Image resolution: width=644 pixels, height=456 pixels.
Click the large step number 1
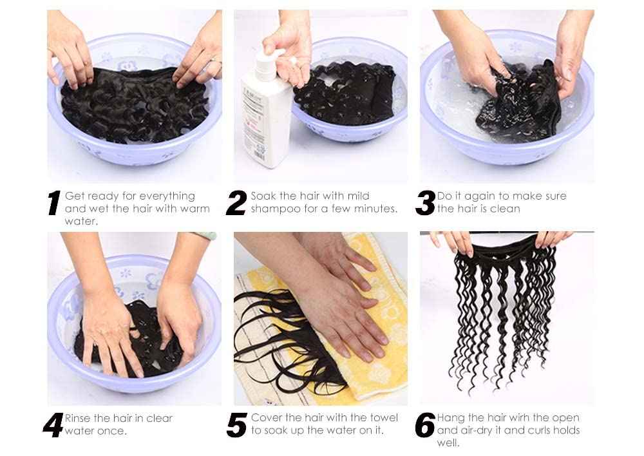54,203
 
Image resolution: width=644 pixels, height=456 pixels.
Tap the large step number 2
236,203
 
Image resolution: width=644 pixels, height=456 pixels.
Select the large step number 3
425,203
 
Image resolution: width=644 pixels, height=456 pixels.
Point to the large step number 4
53,425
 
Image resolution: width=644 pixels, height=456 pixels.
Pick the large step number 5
237,425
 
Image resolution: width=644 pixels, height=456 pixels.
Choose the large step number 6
425,425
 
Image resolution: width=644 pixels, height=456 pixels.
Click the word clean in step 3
506,209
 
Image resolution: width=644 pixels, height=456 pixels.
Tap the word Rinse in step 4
79,418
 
